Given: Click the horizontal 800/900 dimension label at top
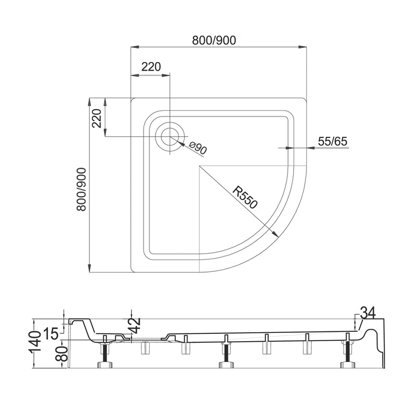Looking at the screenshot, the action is (214, 40).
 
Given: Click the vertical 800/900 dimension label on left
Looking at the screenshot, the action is (81, 189).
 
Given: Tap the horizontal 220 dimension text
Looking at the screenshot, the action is (151, 67).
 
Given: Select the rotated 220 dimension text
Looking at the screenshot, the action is (96, 118).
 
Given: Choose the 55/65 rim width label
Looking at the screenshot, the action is (333, 141).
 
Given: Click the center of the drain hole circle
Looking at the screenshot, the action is (170, 137).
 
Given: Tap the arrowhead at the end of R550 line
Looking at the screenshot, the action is (275, 234).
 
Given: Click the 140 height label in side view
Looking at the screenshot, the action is (36, 343).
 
